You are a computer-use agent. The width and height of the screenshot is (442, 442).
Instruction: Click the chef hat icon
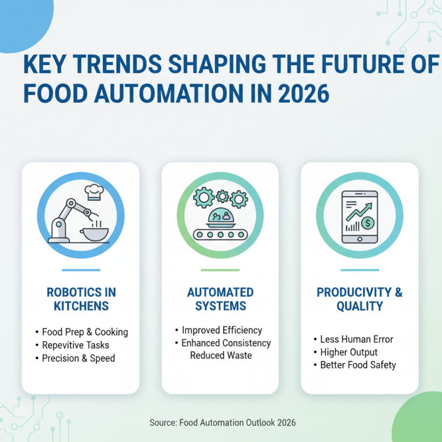click(94, 192)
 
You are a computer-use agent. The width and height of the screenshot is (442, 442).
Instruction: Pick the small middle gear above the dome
click(222, 196)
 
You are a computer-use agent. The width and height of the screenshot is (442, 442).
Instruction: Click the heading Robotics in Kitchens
click(81, 298)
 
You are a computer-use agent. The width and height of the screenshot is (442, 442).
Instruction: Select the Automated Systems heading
click(220, 298)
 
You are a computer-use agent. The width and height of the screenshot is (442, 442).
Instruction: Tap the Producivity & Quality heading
click(360, 298)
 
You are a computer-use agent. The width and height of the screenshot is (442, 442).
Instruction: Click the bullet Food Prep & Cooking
click(85, 332)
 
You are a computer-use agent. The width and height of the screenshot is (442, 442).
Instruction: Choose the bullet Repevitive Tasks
click(76, 345)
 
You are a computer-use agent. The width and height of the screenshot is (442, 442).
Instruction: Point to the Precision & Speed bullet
click(78, 359)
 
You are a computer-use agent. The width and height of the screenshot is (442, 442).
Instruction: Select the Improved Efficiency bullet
click(222, 330)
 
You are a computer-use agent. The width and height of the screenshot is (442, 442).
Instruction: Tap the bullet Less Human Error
click(356, 339)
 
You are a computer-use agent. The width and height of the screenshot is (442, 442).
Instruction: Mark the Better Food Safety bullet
click(358, 365)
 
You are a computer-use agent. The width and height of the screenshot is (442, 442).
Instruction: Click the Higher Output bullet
click(349, 352)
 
